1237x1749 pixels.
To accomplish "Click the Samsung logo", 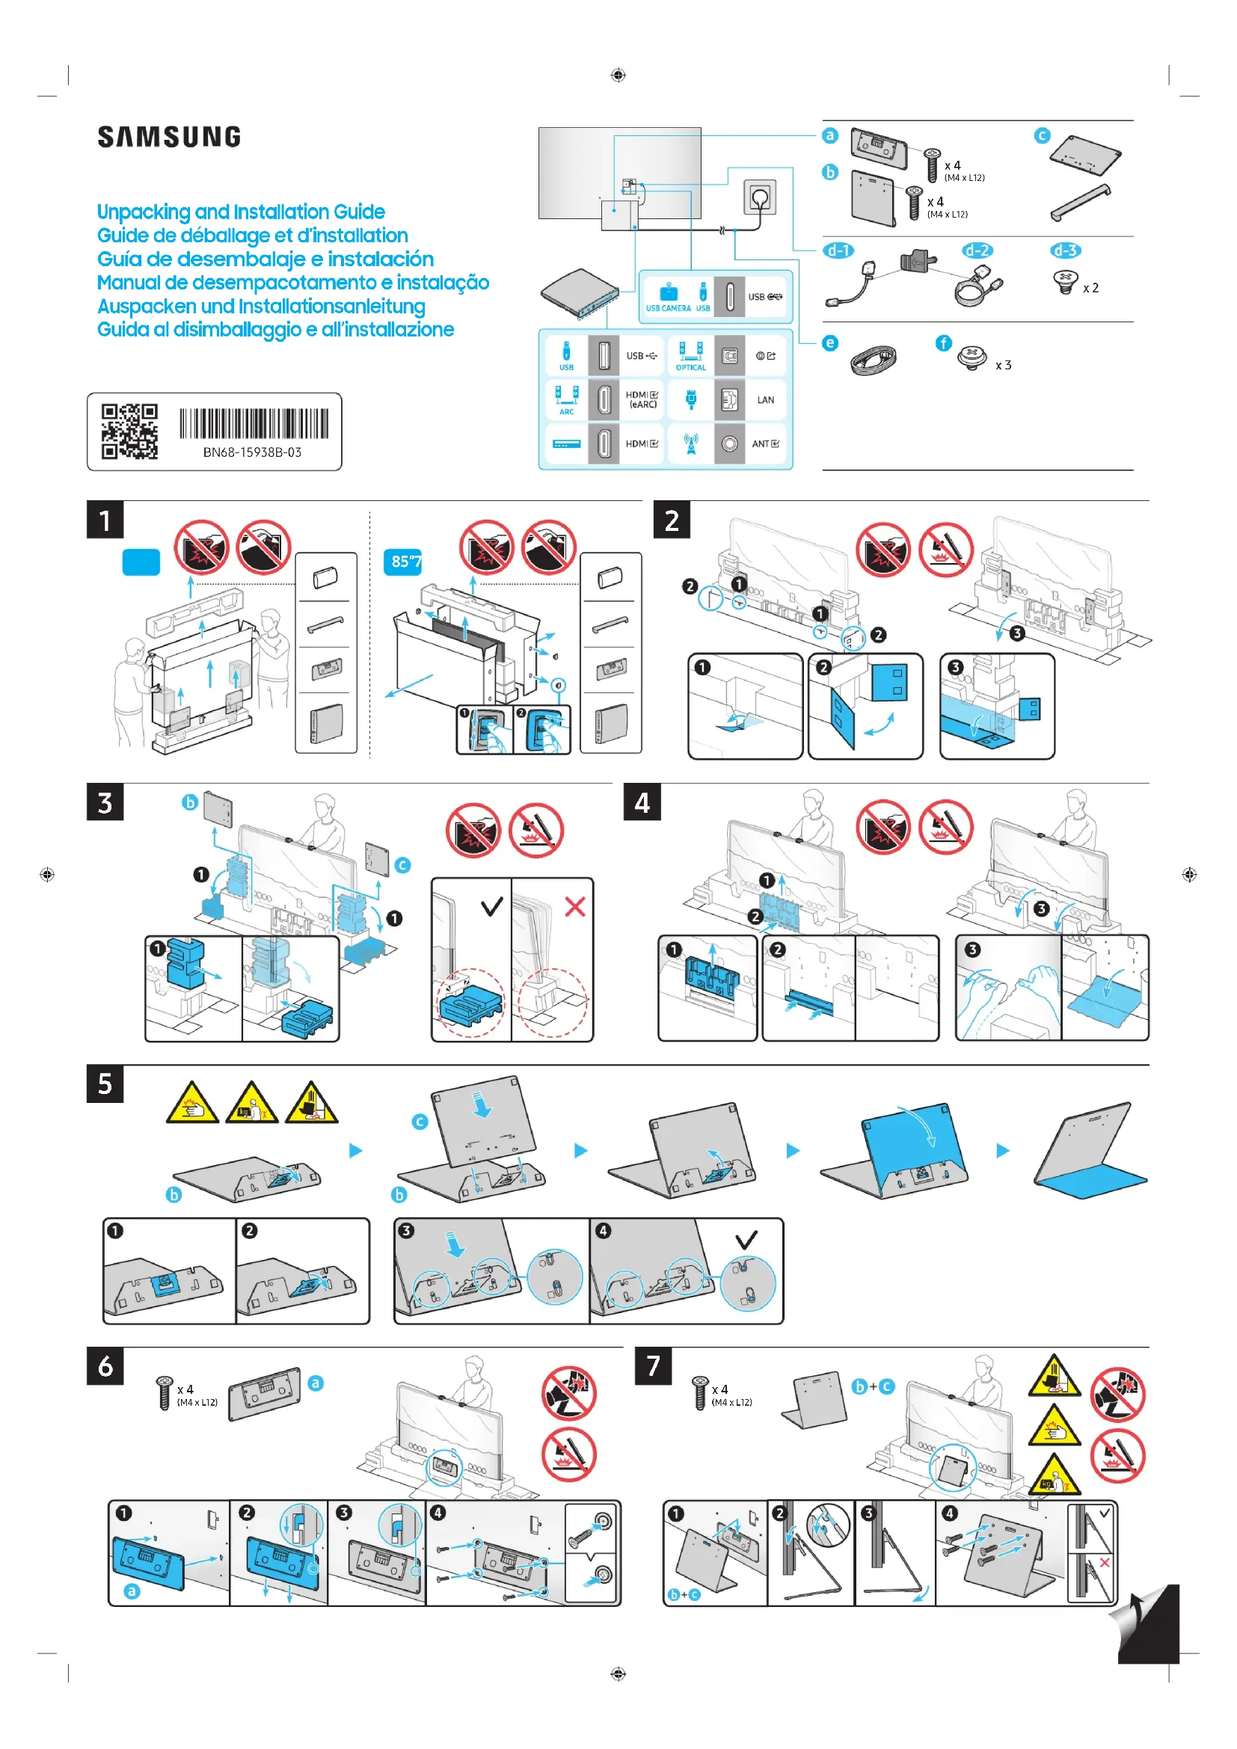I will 169,137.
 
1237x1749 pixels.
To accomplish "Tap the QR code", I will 129,431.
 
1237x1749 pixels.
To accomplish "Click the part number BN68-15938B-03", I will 252,452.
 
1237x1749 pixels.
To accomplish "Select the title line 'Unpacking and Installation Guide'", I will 241,212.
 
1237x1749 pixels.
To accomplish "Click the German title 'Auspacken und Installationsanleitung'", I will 261,307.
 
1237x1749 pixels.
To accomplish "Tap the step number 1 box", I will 105,520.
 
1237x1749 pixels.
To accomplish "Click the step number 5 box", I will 105,1084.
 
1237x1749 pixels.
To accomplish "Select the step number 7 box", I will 653,1366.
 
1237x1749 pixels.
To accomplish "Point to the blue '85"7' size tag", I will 403,562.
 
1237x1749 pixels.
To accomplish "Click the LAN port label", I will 765,400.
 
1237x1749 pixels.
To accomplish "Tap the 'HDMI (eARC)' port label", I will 642,400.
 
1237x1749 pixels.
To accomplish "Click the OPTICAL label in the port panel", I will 691,368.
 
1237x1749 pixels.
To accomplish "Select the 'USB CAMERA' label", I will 668,309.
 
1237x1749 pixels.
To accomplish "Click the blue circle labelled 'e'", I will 830,343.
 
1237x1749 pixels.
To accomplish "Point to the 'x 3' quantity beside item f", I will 1003,366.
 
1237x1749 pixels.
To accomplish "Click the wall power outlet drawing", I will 759,198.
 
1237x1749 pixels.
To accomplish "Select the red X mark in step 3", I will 575,906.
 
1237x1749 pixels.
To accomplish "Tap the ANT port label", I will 765,444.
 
